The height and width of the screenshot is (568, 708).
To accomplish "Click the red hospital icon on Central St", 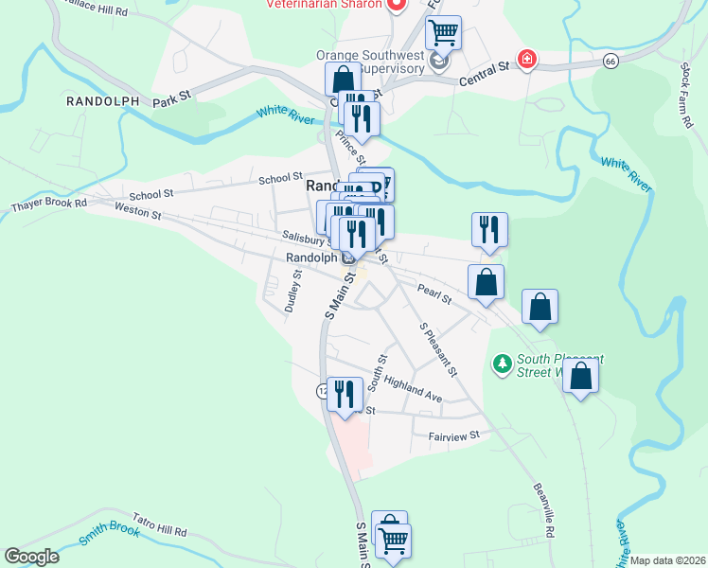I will click(x=527, y=60).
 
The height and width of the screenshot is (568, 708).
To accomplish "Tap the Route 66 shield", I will click(x=611, y=61).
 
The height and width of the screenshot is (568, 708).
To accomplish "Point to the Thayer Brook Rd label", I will click(x=48, y=204).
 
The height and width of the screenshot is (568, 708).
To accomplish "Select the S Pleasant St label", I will click(x=438, y=348).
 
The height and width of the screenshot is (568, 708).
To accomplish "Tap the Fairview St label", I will click(x=454, y=435).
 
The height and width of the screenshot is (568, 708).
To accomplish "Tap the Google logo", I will click(x=31, y=557).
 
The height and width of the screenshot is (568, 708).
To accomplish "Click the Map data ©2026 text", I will click(x=667, y=560).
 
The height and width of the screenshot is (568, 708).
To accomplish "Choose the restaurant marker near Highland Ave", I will click(x=345, y=393).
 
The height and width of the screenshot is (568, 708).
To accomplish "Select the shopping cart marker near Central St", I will click(x=443, y=34).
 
